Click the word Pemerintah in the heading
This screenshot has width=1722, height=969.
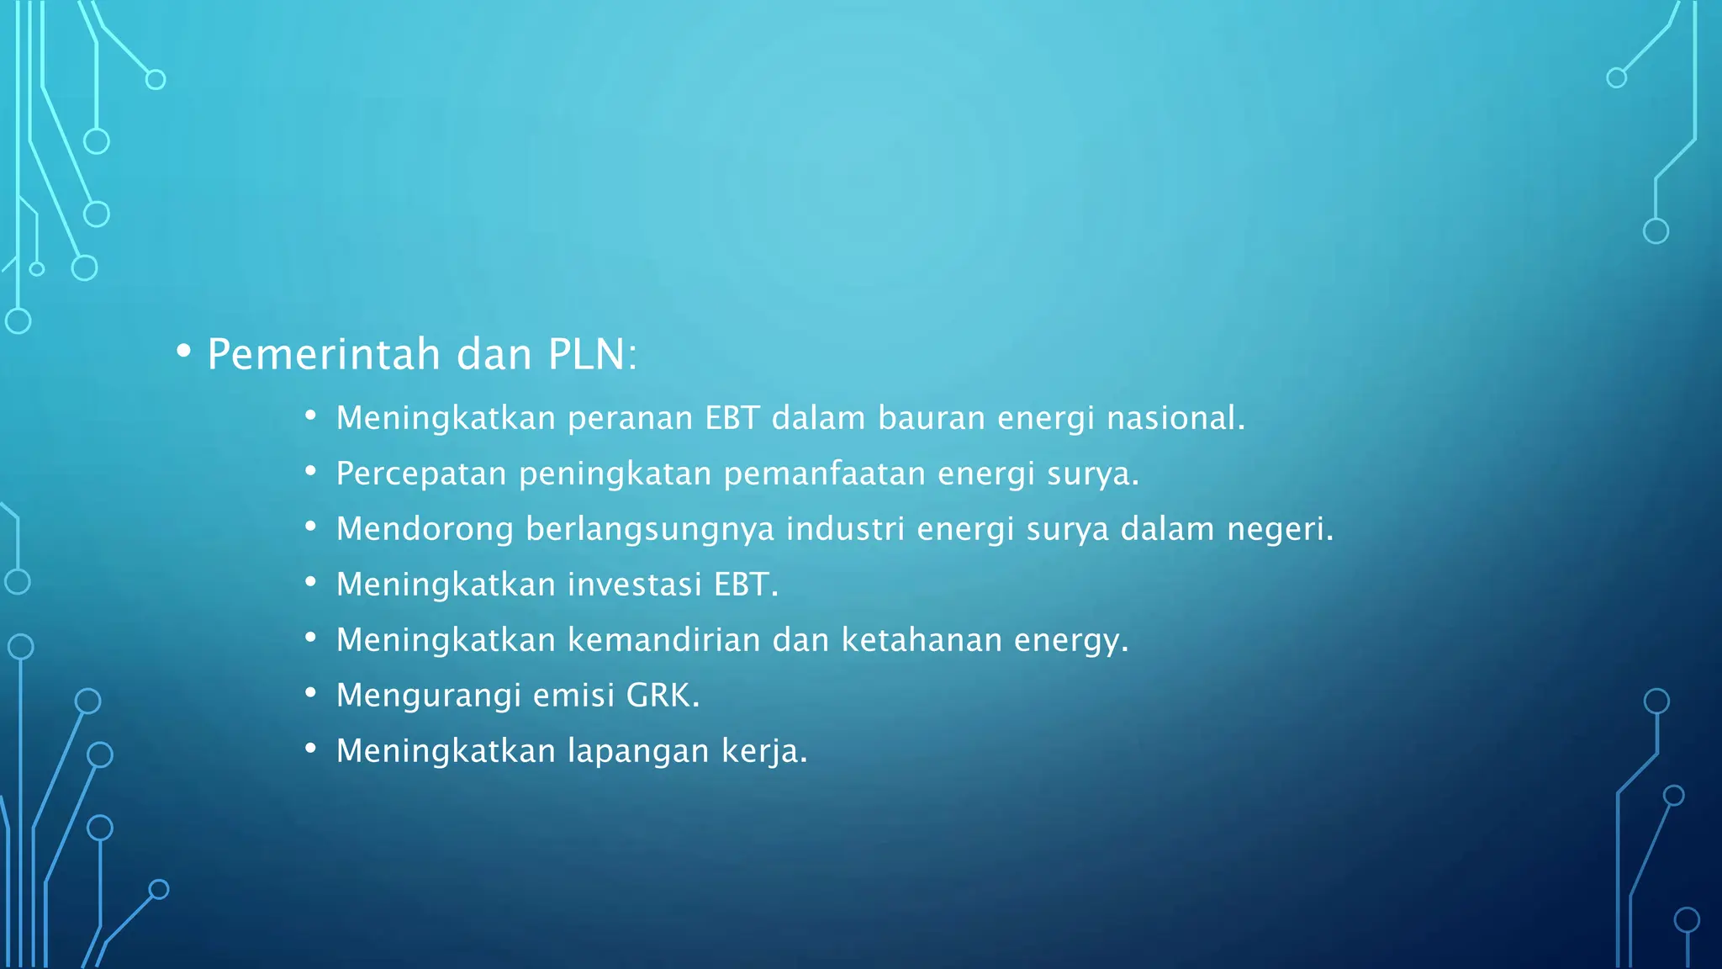point(324,354)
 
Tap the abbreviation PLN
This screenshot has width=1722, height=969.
point(586,354)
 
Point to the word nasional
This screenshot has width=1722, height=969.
point(1174,418)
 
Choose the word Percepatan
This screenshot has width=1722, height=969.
point(421,474)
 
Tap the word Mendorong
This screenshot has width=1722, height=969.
point(425,529)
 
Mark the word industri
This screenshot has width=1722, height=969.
point(845,529)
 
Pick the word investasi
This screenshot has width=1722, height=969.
point(635,585)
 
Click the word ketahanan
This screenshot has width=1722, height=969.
point(922,640)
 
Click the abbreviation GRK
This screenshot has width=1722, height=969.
point(662,696)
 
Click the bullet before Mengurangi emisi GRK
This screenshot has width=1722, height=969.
point(310,693)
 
